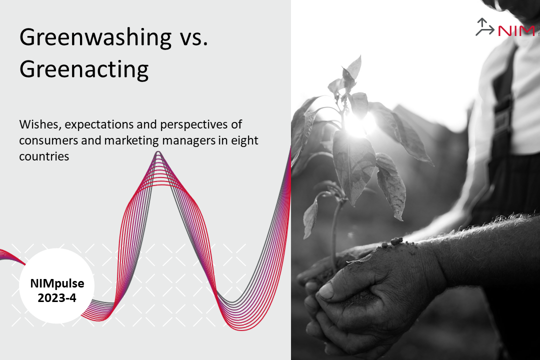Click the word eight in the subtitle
point(244,141)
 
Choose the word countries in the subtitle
point(44,156)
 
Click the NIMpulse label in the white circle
point(57,283)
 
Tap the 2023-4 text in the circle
point(57,298)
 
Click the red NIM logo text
point(516,31)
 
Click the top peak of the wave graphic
point(158,152)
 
